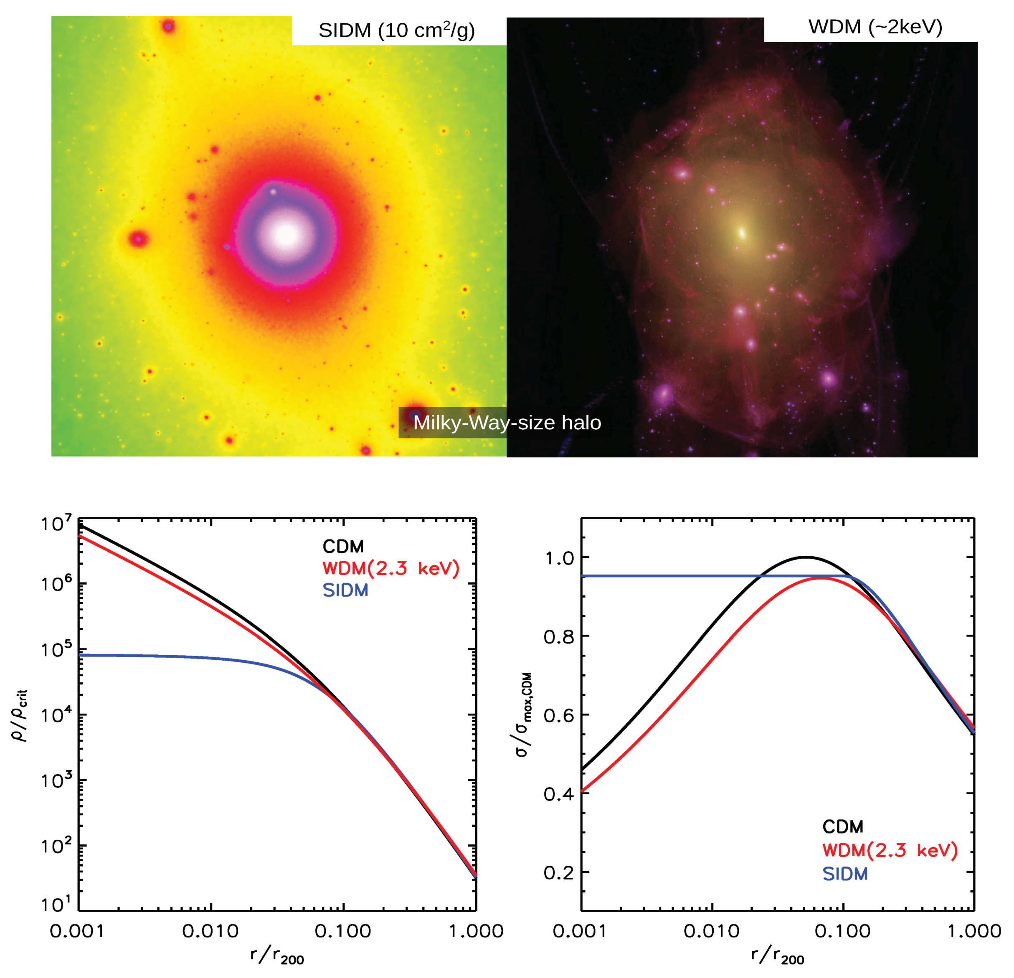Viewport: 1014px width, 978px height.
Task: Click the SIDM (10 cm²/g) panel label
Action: tap(396, 30)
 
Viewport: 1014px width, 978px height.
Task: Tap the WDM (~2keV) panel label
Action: tap(875, 27)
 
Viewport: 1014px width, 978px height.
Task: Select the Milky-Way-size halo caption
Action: tap(507, 423)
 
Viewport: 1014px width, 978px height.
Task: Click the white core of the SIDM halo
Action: tap(285, 235)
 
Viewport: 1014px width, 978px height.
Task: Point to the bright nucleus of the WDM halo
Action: tap(741, 233)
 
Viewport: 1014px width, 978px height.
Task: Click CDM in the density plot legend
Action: tap(343, 547)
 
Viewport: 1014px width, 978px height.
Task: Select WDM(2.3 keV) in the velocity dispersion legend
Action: tap(890, 850)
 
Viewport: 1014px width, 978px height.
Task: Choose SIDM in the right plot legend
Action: tap(845, 874)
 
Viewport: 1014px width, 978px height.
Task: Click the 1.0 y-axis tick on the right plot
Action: tap(559, 558)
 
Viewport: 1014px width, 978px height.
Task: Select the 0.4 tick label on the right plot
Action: tap(559, 793)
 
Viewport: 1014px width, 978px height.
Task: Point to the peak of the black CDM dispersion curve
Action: tap(806, 557)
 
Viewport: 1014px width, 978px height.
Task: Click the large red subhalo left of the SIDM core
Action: tap(138, 239)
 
